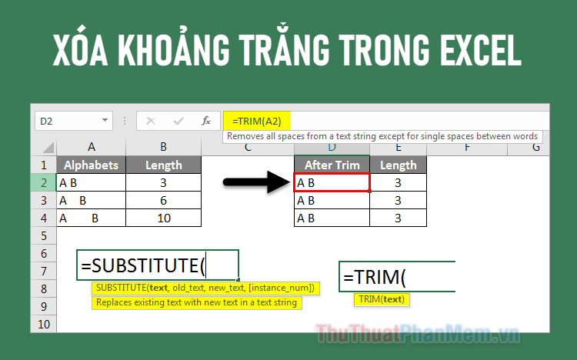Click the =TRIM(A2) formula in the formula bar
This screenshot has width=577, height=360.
click(252, 121)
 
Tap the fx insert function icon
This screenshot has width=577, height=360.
click(205, 121)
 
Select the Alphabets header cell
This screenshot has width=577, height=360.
click(91, 165)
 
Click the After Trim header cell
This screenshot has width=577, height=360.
click(332, 165)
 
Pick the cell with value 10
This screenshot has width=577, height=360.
click(163, 218)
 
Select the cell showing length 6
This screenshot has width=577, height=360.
click(163, 200)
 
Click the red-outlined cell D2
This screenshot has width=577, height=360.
click(332, 182)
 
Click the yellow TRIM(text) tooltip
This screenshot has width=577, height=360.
click(382, 299)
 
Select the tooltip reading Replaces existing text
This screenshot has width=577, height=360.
click(196, 302)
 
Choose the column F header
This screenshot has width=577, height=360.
click(467, 147)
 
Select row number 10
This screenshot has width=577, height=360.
click(43, 324)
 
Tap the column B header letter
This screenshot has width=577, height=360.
click(163, 147)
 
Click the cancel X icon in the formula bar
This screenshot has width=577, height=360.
click(151, 121)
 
